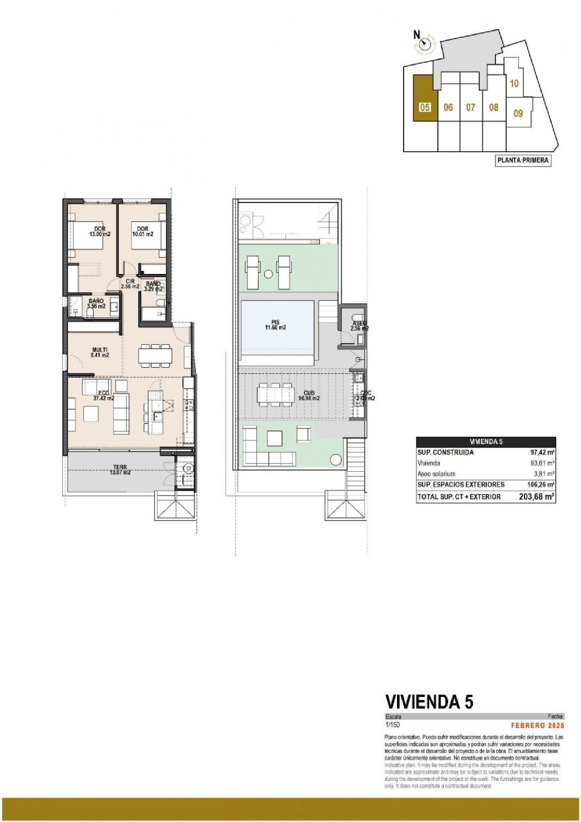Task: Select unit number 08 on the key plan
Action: coord(493,107)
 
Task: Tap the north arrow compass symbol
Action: coord(425,45)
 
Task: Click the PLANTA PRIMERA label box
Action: coord(523,160)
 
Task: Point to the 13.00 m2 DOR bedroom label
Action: coord(100,232)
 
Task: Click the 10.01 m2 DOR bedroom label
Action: coord(143,232)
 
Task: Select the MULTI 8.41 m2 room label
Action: coord(100,352)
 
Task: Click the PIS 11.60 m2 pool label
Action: coord(275,325)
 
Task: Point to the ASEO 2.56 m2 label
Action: coord(359,326)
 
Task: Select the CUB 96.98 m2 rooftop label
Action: coord(309,395)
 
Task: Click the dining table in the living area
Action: coord(156,354)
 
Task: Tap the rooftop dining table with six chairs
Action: coord(276,395)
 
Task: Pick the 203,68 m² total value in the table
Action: coord(536,497)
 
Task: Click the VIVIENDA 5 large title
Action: coord(429,701)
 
